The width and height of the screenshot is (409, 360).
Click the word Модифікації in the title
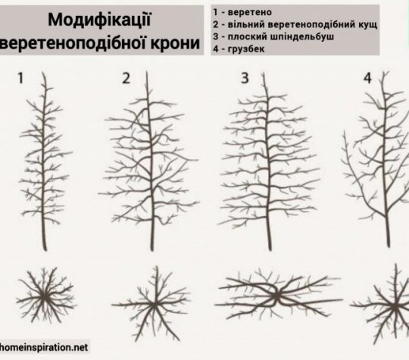click(x=99, y=20)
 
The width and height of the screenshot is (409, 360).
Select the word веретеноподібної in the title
click(x=74, y=44)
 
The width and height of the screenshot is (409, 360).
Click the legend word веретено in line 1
click(x=250, y=12)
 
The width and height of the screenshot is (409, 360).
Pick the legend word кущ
click(x=367, y=25)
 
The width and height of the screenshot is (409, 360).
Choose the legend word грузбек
click(x=246, y=49)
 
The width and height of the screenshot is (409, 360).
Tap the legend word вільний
click(x=246, y=24)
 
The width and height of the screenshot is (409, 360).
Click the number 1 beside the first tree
click(x=20, y=78)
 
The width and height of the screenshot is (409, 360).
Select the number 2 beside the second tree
click(x=126, y=78)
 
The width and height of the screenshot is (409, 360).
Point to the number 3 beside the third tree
click(x=245, y=78)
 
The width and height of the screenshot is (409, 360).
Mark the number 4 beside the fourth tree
click(x=367, y=78)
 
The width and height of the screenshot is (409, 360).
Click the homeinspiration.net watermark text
click(x=44, y=347)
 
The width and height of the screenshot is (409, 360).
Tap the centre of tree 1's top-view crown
click(x=45, y=296)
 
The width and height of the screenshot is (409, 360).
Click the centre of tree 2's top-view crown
click(x=155, y=305)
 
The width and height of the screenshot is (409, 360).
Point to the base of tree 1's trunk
click(x=45, y=250)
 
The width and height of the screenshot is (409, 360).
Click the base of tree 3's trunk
click(x=270, y=250)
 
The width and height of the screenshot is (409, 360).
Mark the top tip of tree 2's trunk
click(x=147, y=71)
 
